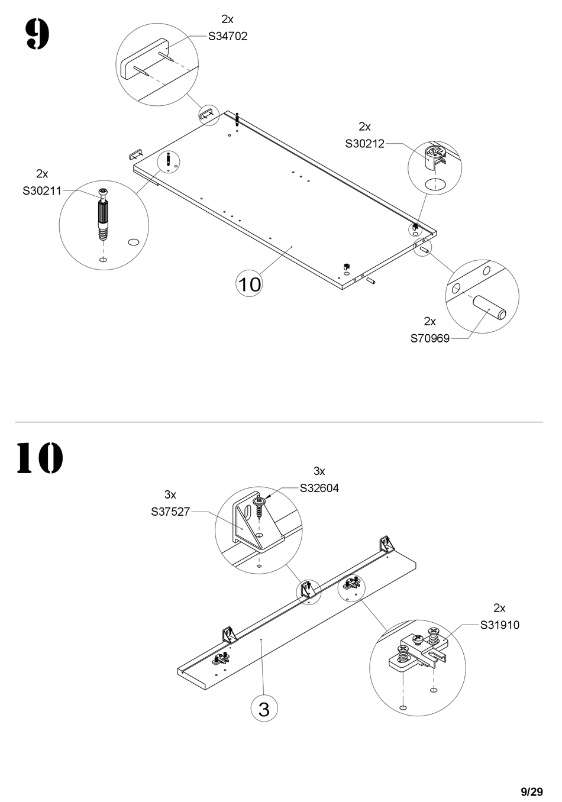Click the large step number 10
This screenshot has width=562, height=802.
pyautogui.click(x=39, y=457)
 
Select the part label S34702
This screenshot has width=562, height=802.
pyautogui.click(x=228, y=36)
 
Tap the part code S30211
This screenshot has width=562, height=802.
pyautogui.click(x=42, y=190)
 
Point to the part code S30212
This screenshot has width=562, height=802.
pyautogui.click(x=364, y=143)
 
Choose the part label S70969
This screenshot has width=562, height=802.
pyautogui.click(x=430, y=338)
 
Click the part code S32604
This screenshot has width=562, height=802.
pyautogui.click(x=319, y=488)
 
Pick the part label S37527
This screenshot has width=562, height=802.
pyautogui.click(x=170, y=511)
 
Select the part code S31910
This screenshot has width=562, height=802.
pyautogui.click(x=500, y=625)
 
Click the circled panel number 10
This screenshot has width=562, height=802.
pyautogui.click(x=249, y=284)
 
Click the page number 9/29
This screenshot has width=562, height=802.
pyautogui.click(x=532, y=791)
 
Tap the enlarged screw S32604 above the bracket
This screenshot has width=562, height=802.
pyautogui.click(x=260, y=506)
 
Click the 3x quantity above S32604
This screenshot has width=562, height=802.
pyautogui.click(x=319, y=471)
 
